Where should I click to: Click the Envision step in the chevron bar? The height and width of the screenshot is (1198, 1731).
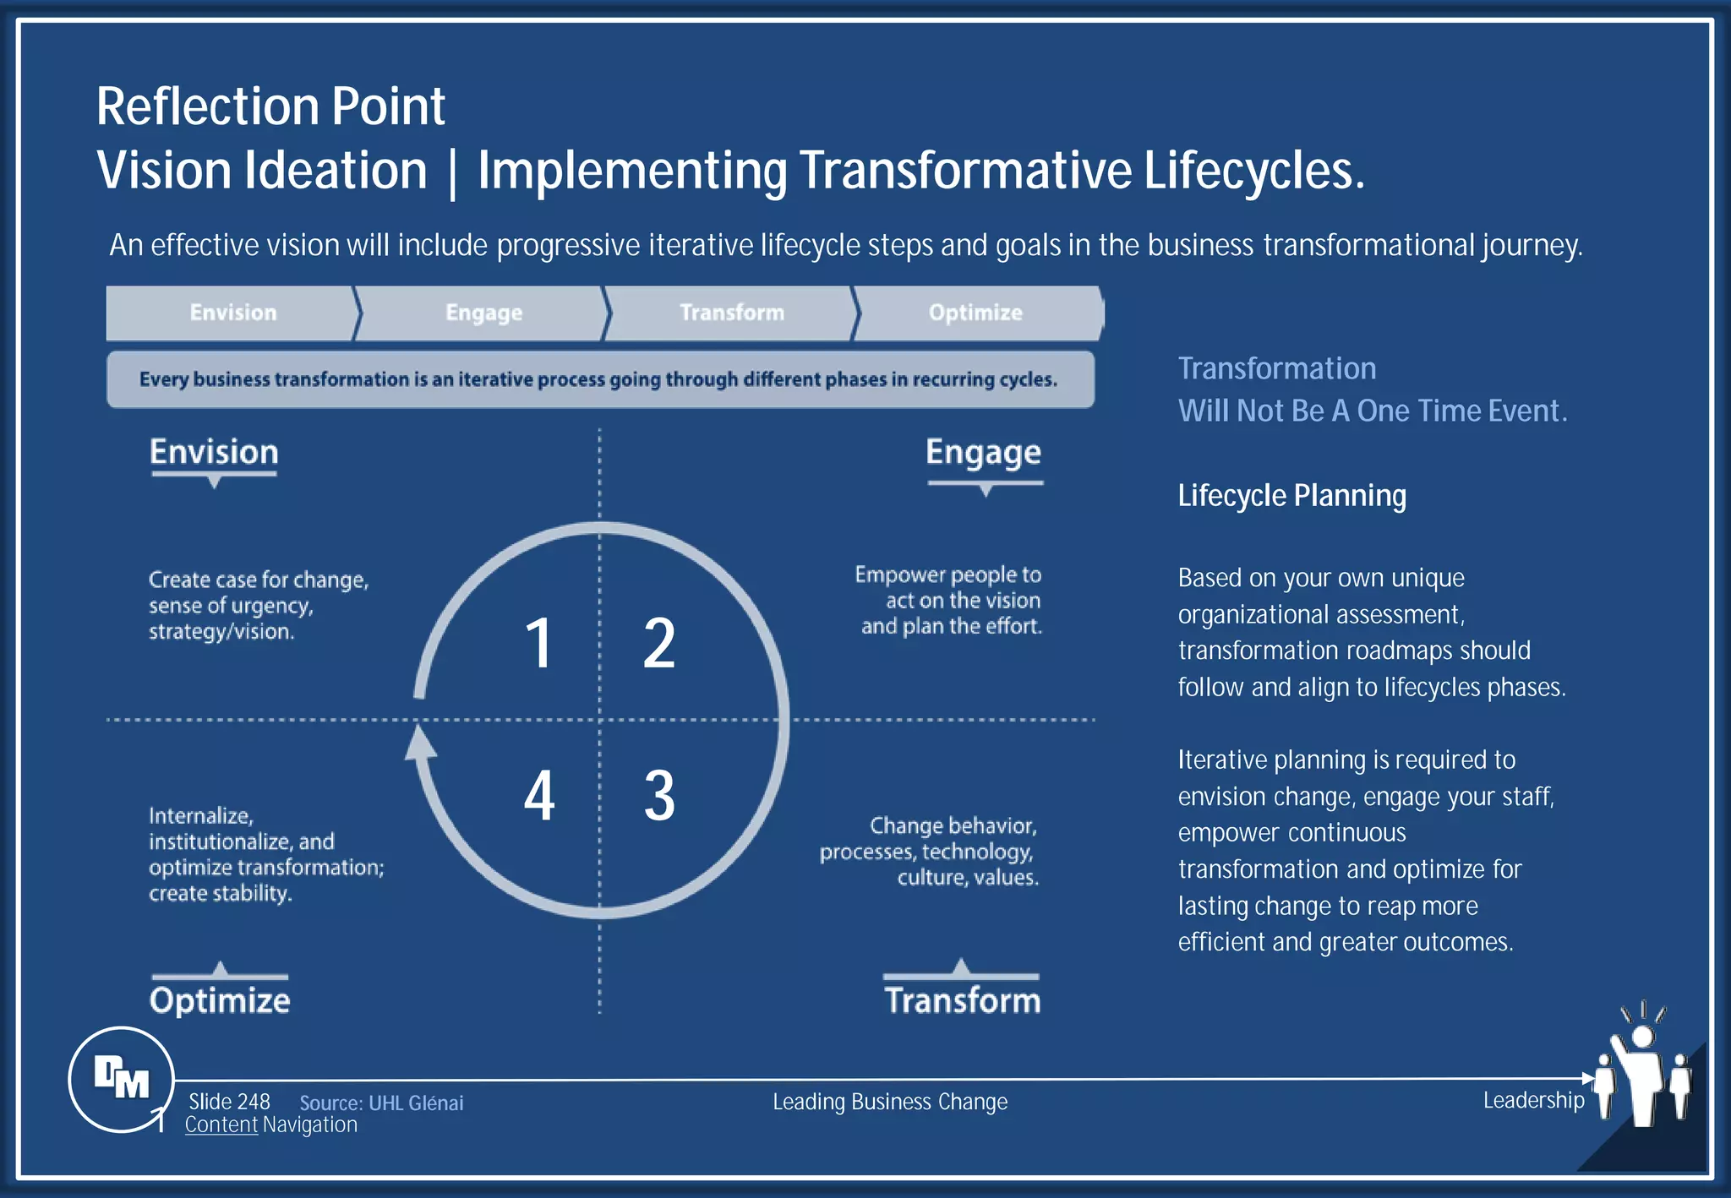[232, 313]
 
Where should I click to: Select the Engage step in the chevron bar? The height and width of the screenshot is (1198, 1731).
[483, 313]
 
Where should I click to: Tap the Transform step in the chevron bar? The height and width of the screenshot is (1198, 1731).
[732, 313]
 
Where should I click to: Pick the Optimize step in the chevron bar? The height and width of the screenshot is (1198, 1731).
[975, 313]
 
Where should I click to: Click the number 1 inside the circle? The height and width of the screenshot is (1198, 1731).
[538, 643]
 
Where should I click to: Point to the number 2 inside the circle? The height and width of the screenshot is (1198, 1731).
[659, 643]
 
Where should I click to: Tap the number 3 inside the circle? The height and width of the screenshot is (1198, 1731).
[659, 795]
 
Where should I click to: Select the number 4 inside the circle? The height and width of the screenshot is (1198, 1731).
[539, 795]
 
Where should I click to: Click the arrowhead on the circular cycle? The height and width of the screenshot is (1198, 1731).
[420, 743]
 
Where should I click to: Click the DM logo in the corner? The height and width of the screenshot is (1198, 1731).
[122, 1078]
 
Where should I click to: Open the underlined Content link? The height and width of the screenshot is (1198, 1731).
[221, 1124]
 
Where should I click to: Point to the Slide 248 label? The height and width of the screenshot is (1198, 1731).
[229, 1102]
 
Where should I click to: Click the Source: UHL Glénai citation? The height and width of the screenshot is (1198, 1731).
[381, 1103]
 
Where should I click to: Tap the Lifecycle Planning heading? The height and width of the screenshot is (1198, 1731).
[1291, 495]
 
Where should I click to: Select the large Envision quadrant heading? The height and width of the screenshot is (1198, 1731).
[214, 452]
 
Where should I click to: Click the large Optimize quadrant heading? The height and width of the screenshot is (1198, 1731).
[220, 1000]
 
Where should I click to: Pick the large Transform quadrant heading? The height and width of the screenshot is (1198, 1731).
[963, 1000]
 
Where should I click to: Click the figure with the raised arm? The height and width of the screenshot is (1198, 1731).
[1641, 1073]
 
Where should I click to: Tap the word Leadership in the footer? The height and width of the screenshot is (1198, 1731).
[1533, 1100]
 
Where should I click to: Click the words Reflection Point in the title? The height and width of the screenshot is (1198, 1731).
[270, 106]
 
